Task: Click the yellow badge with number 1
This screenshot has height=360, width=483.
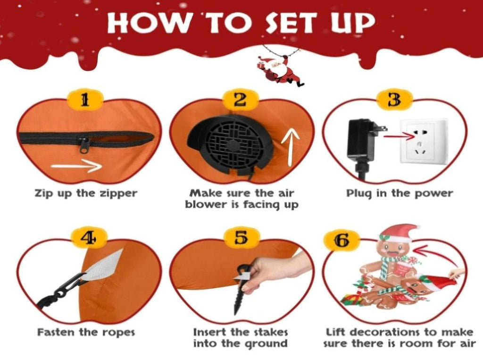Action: (x=85, y=100)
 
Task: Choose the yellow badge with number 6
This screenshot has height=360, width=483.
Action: (x=342, y=240)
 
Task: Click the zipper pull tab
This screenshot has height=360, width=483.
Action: (x=84, y=145)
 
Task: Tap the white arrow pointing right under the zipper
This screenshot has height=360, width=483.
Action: (x=76, y=167)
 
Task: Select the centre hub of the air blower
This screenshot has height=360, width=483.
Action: (x=235, y=145)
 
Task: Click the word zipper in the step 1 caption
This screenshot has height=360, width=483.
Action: (x=118, y=194)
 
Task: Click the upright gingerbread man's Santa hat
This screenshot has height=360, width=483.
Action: (x=399, y=234)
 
